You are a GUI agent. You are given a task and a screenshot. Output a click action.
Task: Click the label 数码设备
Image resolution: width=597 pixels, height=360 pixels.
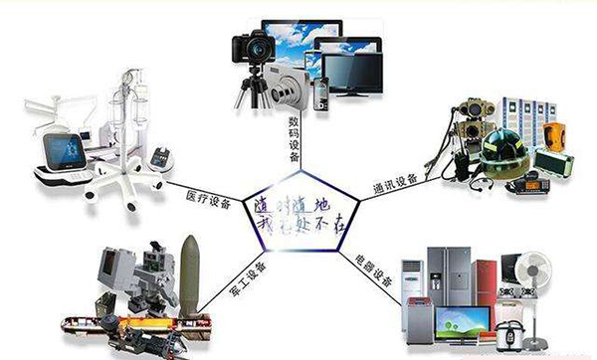(x=295, y=135)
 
